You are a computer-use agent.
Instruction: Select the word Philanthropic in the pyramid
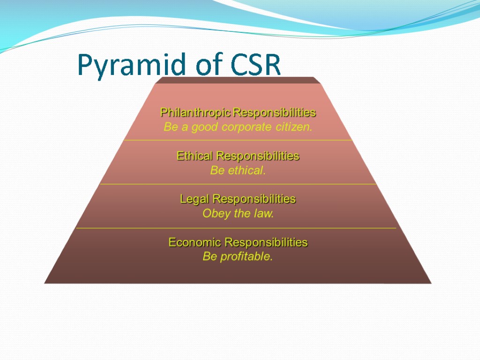pyautogui.click(x=196, y=113)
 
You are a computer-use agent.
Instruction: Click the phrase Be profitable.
pyautogui.click(x=238, y=257)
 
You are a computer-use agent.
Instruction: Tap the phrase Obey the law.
pyautogui.click(x=238, y=214)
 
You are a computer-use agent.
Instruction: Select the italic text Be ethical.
pyautogui.click(x=238, y=171)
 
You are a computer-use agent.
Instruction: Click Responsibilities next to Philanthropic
pyautogui.click(x=275, y=113)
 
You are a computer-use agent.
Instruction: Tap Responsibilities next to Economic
pyautogui.click(x=266, y=242)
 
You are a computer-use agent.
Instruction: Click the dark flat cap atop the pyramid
pyautogui.click(x=238, y=80)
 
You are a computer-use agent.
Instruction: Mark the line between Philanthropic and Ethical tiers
pyautogui.click(x=238, y=140)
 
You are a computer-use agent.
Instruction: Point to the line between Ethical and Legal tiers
pyautogui.click(x=238, y=184)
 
